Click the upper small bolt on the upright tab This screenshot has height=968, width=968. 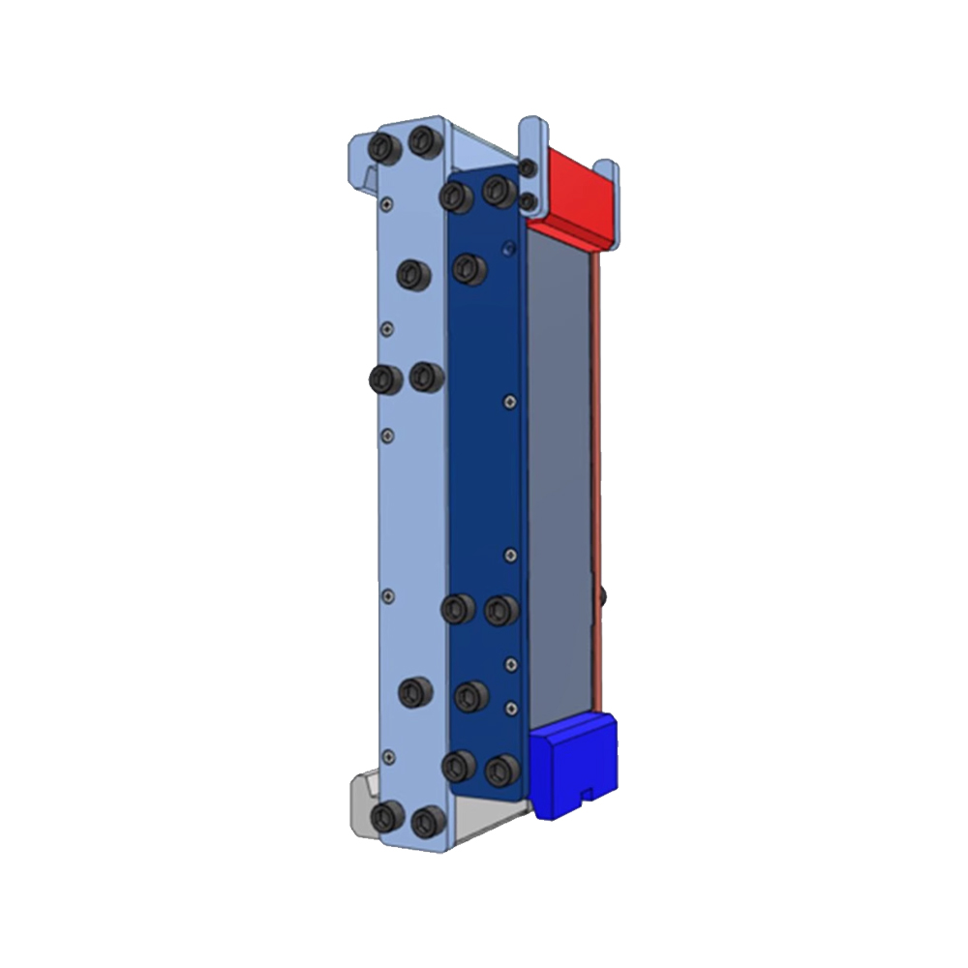tap(528, 168)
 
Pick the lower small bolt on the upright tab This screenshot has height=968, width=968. tap(528, 200)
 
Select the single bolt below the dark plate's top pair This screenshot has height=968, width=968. tap(469, 268)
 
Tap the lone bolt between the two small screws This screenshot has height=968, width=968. tap(470, 694)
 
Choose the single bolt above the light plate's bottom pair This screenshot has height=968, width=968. tap(414, 691)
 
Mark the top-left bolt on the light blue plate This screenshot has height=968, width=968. tap(384, 147)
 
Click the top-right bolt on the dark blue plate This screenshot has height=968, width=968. tap(498, 191)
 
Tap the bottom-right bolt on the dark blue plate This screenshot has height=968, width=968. tap(500, 770)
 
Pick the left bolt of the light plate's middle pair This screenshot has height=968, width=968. tap(384, 378)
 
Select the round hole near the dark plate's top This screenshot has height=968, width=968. tap(508, 249)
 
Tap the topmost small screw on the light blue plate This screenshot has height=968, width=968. tap(386, 204)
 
